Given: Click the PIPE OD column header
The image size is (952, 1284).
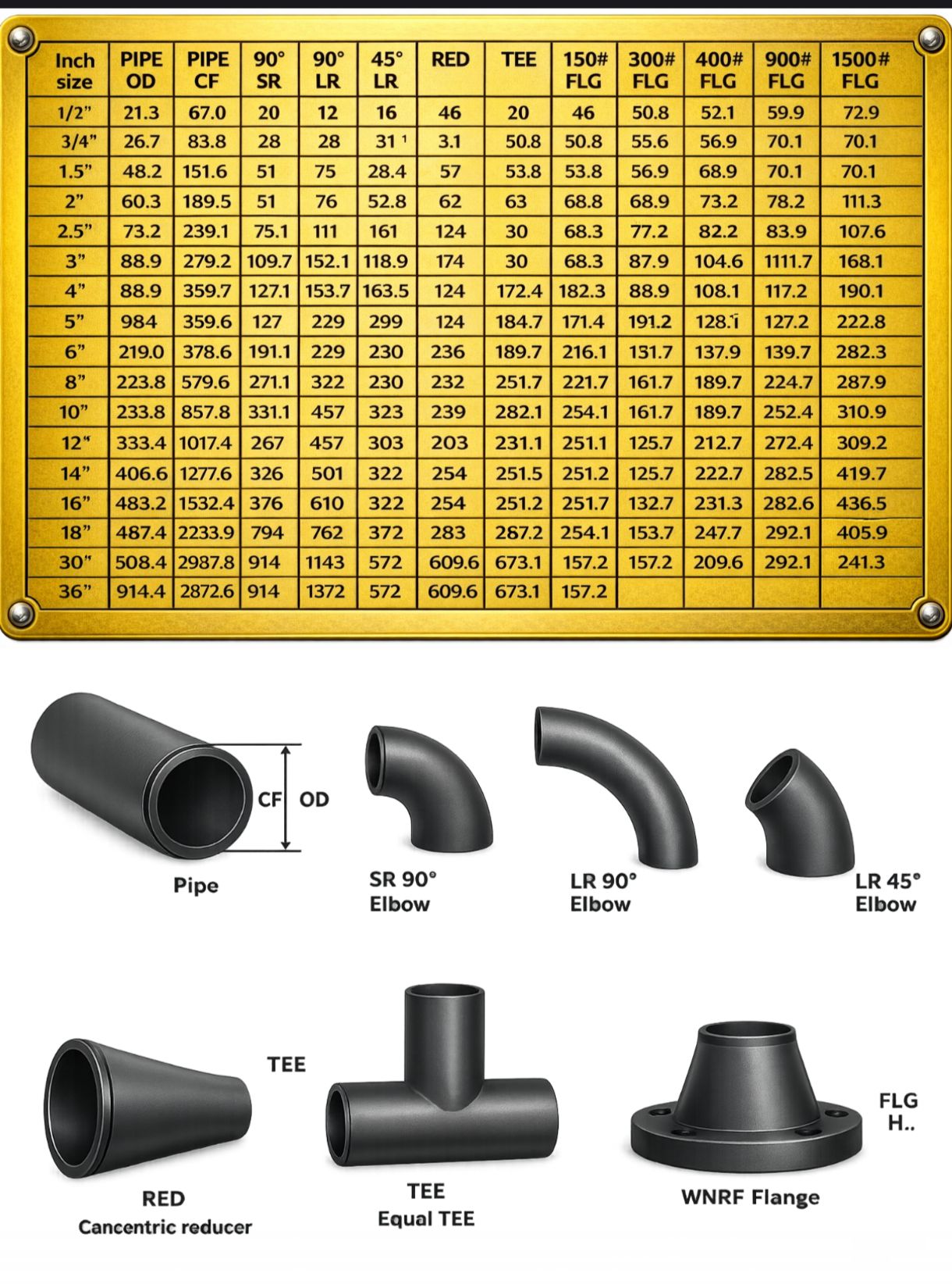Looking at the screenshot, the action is pyautogui.click(x=141, y=70).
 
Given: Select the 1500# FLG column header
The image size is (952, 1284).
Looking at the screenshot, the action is pyautogui.click(x=861, y=70).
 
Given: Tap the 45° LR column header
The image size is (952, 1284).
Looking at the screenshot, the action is pyautogui.click(x=386, y=70).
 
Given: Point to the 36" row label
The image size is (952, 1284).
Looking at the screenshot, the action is pyautogui.click(x=75, y=592).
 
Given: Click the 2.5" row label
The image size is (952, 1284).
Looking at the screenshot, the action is pyautogui.click(x=75, y=231).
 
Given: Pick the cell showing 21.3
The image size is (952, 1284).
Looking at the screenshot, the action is pyautogui.click(x=141, y=112).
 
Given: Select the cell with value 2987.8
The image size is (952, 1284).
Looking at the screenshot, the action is pyautogui.click(x=207, y=562).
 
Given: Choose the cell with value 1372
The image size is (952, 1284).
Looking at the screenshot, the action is pyautogui.click(x=325, y=592).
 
